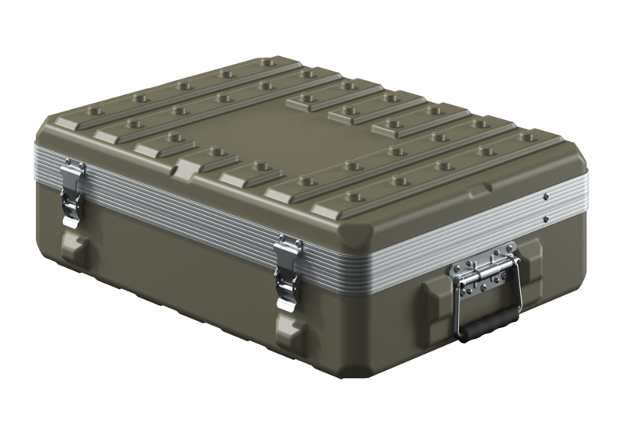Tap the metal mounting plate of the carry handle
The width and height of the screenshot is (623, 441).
(484, 277)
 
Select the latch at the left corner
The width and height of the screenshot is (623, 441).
(73, 195)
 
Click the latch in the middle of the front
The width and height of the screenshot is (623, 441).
(287, 273)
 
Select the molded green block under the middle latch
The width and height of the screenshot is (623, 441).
(290, 331)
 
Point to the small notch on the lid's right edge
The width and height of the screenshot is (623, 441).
(487, 189)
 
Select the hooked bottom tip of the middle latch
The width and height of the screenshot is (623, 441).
(286, 305)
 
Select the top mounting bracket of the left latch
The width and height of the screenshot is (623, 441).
(74, 168)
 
